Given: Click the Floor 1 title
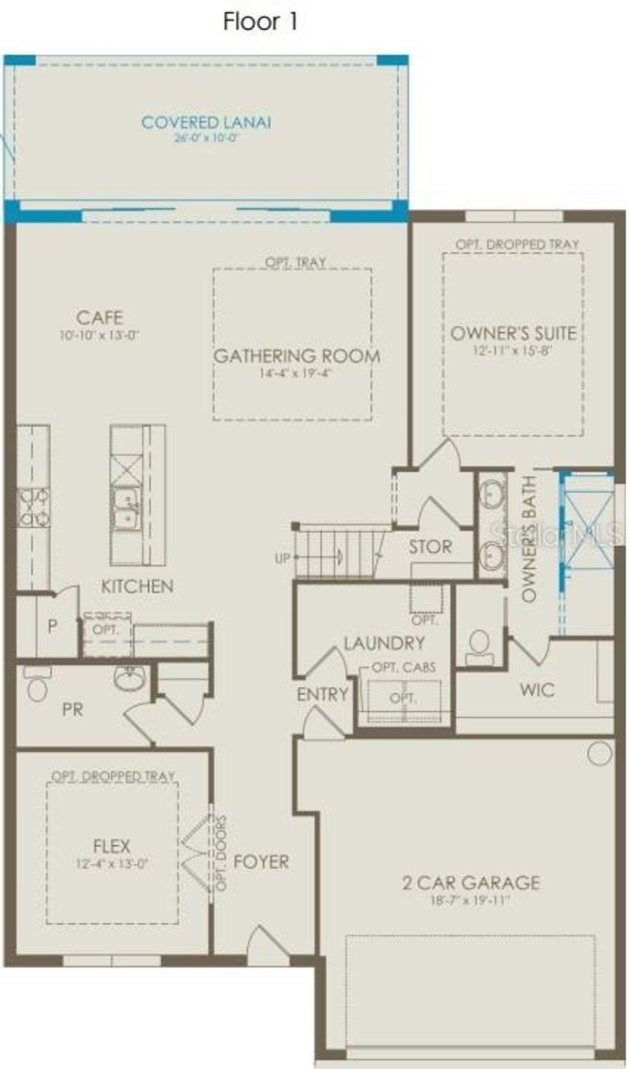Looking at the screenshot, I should point(260,22).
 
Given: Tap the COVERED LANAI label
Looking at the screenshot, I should point(206,122).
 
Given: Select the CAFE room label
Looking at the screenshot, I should point(100,318).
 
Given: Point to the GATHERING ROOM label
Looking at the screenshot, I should point(297,356).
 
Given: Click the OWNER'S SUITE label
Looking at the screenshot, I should point(514,333).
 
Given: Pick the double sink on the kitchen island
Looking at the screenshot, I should point(126,508).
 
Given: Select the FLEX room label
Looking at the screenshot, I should point(111,846).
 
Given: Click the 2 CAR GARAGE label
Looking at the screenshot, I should point(471,883).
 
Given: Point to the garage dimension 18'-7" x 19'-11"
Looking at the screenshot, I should point(471,901).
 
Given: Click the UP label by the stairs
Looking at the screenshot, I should point(282,559).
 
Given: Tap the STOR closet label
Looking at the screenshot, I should point(430,546).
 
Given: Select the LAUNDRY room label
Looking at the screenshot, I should point(384,643).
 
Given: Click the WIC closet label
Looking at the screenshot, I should point(536,690).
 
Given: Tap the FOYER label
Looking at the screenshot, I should point(261,862).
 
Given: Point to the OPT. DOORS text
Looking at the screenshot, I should point(221,853).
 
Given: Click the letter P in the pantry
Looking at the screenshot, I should point(52,626).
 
